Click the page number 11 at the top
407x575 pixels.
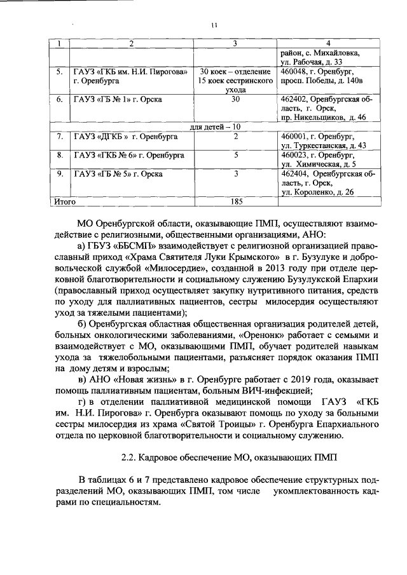pos(214,25)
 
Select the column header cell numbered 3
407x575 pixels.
pos(235,44)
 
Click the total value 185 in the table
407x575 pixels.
pos(235,202)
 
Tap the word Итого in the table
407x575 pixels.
pos(64,202)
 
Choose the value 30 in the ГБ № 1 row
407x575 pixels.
pos(235,100)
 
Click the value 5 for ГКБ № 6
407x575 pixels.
pos(235,154)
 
